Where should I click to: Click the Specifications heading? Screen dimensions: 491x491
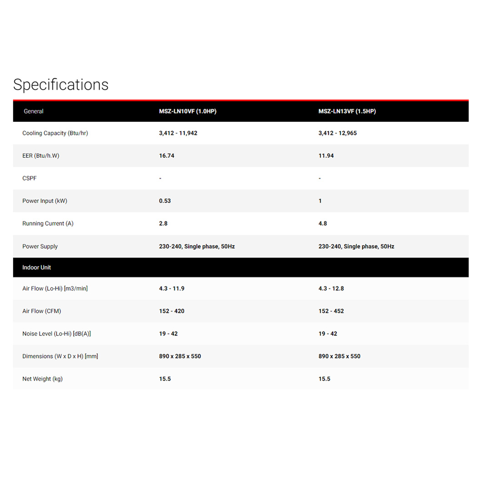tap(61, 85)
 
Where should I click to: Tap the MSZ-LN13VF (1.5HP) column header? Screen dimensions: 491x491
tap(347, 111)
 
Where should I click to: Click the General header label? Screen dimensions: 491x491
tap(33, 111)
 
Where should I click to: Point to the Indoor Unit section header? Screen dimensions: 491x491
tap(36, 268)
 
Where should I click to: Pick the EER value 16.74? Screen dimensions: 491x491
tap(167, 156)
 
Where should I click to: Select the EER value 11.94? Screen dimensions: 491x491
tap(326, 156)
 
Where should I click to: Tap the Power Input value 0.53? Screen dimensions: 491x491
tap(165, 201)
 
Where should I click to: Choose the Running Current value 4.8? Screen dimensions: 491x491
tap(323, 224)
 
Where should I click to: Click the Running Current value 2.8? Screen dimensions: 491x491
tap(163, 224)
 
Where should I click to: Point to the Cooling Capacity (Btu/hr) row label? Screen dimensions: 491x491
tap(55, 134)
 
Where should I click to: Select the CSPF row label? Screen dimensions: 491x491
tap(30, 179)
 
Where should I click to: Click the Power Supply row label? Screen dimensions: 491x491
tap(40, 246)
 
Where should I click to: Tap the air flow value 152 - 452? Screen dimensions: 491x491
tap(331, 311)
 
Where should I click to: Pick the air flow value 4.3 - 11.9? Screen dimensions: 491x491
tap(172, 289)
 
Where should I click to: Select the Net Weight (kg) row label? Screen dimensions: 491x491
tap(42, 379)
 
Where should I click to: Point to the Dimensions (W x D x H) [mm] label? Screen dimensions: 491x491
tap(60, 356)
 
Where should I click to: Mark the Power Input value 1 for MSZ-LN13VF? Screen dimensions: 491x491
tap(320, 201)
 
